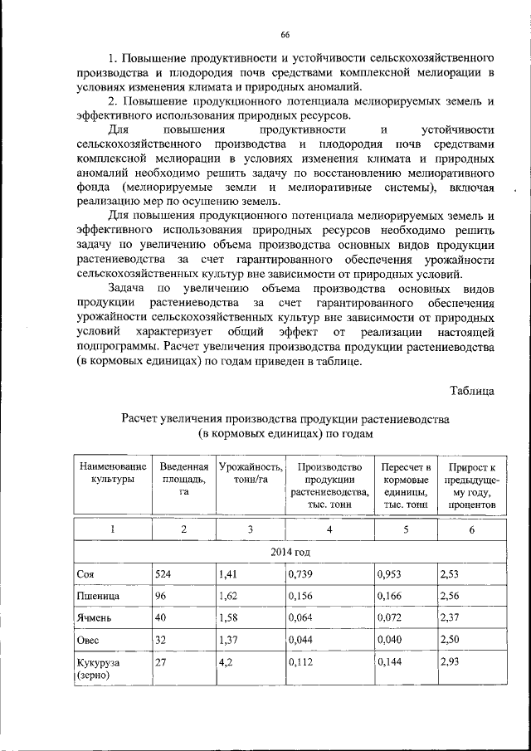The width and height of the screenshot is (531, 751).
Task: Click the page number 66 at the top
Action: point(285,34)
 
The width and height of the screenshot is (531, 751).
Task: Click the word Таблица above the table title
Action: point(472,389)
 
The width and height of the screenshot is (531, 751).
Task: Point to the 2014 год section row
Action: point(286,553)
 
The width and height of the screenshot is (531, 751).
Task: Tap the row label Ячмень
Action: point(94,618)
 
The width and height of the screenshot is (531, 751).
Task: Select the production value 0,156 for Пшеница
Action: point(300,595)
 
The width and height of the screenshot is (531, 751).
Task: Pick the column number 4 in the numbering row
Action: point(329,529)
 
